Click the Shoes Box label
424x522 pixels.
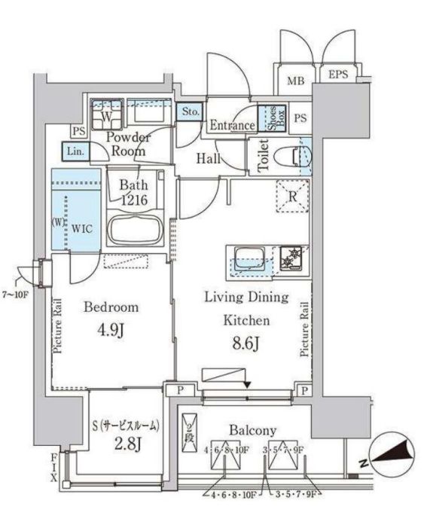click(267, 119)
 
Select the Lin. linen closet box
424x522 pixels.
click(76, 151)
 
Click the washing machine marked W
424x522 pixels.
click(107, 118)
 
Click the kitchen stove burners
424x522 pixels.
click(289, 258)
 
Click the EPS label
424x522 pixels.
click(338, 75)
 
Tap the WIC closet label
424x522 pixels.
click(82, 227)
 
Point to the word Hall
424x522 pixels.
click(208, 158)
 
